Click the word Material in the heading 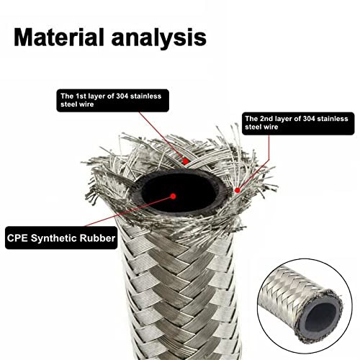click(x=59, y=37)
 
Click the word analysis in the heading click(x=159, y=37)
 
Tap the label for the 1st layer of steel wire click(x=112, y=100)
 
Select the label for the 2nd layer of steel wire click(x=298, y=123)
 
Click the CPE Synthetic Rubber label click(x=61, y=238)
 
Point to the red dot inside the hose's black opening click(x=173, y=197)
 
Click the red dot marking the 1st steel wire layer click(x=185, y=161)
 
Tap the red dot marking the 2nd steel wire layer click(x=238, y=190)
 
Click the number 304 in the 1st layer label click(x=123, y=96)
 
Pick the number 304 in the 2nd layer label click(x=310, y=119)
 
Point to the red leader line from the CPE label click(x=129, y=211)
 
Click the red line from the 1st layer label click(x=162, y=137)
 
